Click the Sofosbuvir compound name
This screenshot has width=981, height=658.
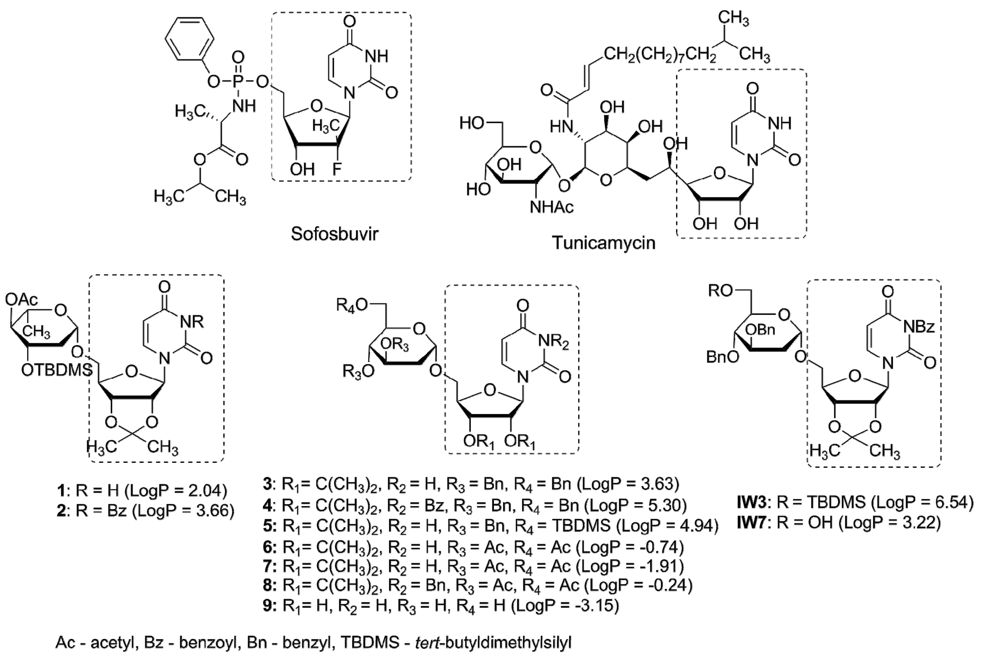[334, 234]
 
